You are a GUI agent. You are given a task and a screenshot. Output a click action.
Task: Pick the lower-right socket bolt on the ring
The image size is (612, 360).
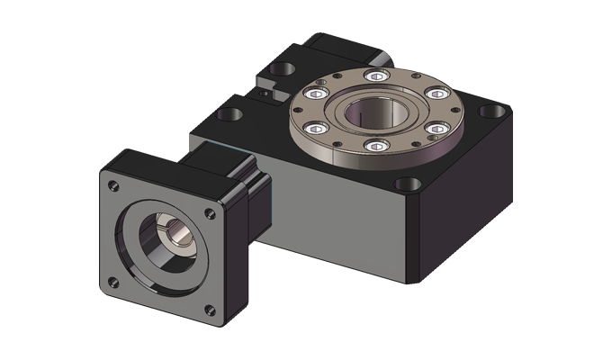[437, 130]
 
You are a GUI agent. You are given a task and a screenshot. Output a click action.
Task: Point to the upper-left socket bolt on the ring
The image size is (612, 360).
[318, 94]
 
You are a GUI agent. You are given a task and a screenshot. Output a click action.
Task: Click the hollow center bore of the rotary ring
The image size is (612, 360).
[376, 112]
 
